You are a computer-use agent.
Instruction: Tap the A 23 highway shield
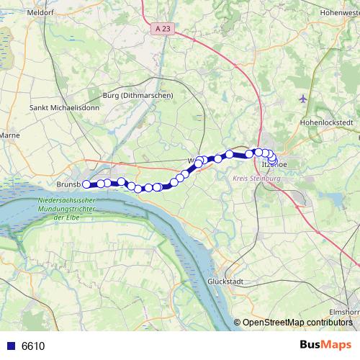pyautogui.click(x=163, y=28)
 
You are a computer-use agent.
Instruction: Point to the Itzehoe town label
pyautogui.click(x=274, y=164)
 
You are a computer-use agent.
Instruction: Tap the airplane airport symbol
pyautogui.click(x=302, y=98)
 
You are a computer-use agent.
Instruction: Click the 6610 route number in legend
pyautogui.click(x=33, y=346)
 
